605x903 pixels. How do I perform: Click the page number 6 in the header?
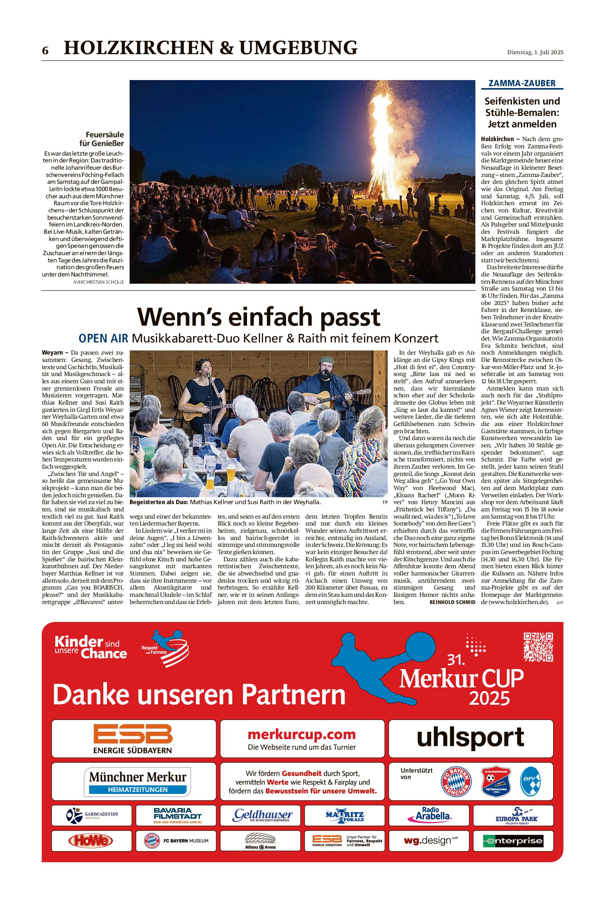click(x=45, y=51)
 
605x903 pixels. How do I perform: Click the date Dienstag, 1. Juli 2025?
click(x=535, y=53)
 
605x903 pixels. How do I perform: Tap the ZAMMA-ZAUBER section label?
click(x=522, y=83)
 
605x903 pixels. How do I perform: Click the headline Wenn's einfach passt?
click(x=258, y=317)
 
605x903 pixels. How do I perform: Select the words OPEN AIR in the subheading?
click(x=103, y=338)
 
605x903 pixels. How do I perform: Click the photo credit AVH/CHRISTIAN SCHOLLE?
click(x=98, y=282)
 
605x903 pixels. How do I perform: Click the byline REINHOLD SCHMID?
click(x=452, y=602)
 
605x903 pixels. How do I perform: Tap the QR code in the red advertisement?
click(x=538, y=647)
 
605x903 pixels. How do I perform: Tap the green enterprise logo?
click(x=513, y=840)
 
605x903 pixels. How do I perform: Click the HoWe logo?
click(x=91, y=840)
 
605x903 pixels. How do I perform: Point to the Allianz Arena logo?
click(x=260, y=841)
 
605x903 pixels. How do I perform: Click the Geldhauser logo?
click(x=262, y=814)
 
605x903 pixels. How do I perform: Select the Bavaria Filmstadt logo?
click(x=177, y=815)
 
